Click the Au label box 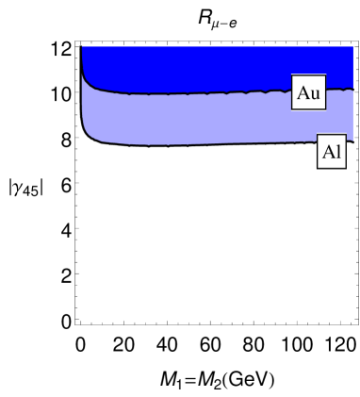(x=308, y=92)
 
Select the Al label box (x=331, y=153)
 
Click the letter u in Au (x=315, y=94)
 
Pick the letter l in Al (x=337, y=153)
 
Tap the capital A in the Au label (x=303, y=92)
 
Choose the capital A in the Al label (x=326, y=153)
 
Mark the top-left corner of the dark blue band (x=83, y=46)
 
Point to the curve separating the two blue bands (x=188, y=94)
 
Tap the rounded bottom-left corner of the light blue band (x=90, y=135)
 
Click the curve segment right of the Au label (x=339, y=90)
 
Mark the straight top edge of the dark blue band (x=217, y=46)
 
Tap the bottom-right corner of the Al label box (x=346, y=170)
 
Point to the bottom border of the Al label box (x=331, y=170)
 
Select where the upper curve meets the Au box (x=292, y=91)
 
